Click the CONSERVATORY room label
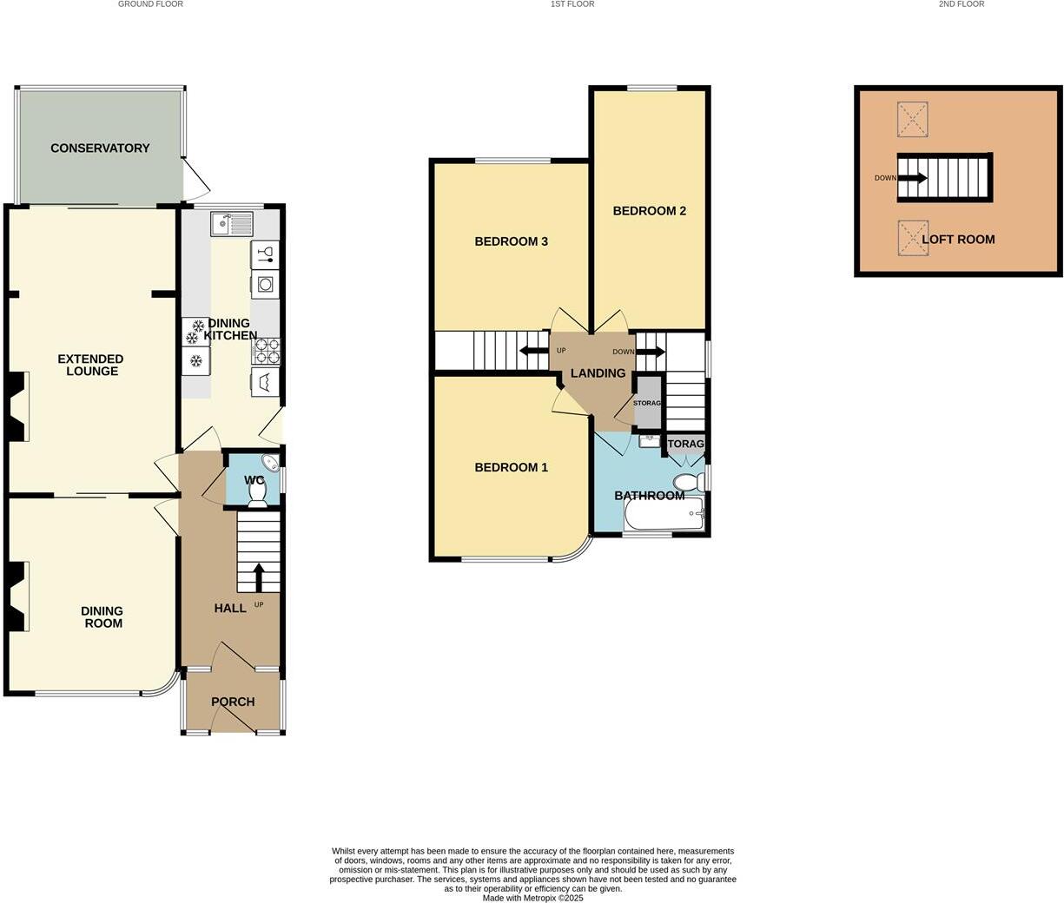pos(100,148)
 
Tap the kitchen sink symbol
pos(231,224)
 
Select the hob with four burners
pos(266,351)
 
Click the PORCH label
pos(233,702)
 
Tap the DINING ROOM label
pos(102,617)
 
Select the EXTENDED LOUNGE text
pos(91,365)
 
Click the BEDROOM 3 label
pos(511,241)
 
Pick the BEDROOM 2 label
pos(649,211)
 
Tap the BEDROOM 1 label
pos(511,467)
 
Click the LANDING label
pos(598,373)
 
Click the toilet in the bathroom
pos(688,483)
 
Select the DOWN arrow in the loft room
pos(912,178)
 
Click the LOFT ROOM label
pos(958,240)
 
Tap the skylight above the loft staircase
pos(913,119)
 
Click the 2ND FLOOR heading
pos(962,4)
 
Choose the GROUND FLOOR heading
pos(150,4)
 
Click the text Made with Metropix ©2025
pos(532,898)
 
